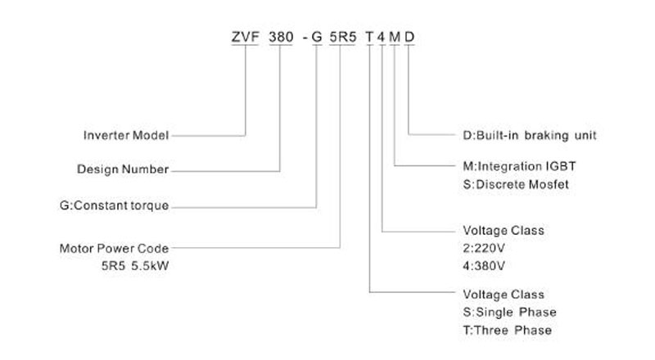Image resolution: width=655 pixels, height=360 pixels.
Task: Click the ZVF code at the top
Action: point(245,37)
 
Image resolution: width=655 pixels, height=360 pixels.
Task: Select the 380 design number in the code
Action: point(281,37)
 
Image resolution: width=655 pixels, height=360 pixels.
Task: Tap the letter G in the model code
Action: point(317,37)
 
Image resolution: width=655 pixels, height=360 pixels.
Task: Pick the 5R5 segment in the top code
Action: point(342,37)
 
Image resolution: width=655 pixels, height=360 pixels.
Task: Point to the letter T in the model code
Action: point(369,37)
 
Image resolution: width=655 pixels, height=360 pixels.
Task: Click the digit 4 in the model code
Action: point(381,37)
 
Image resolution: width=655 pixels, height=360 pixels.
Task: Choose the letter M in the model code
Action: point(395,37)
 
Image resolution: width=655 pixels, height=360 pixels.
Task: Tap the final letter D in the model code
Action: point(409,37)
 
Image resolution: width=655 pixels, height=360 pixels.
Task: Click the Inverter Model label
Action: point(126,135)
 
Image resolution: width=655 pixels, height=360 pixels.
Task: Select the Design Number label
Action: point(123,169)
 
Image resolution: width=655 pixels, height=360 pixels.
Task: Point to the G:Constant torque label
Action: point(114,205)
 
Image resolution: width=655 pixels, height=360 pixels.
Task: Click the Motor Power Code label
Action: point(114,249)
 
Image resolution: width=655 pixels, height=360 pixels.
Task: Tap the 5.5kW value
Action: point(150,266)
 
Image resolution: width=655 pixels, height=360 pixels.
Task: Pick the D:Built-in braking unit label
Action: point(529,135)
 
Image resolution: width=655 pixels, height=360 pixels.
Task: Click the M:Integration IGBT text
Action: point(519,166)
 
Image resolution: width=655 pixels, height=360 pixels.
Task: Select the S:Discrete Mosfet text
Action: point(516,184)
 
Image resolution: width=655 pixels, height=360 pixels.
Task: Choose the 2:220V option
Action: point(484,249)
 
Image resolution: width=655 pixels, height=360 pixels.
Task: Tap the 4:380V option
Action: point(484,266)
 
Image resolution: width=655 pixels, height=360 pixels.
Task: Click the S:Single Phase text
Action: point(509,313)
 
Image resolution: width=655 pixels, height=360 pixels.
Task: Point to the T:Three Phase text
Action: point(507,331)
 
